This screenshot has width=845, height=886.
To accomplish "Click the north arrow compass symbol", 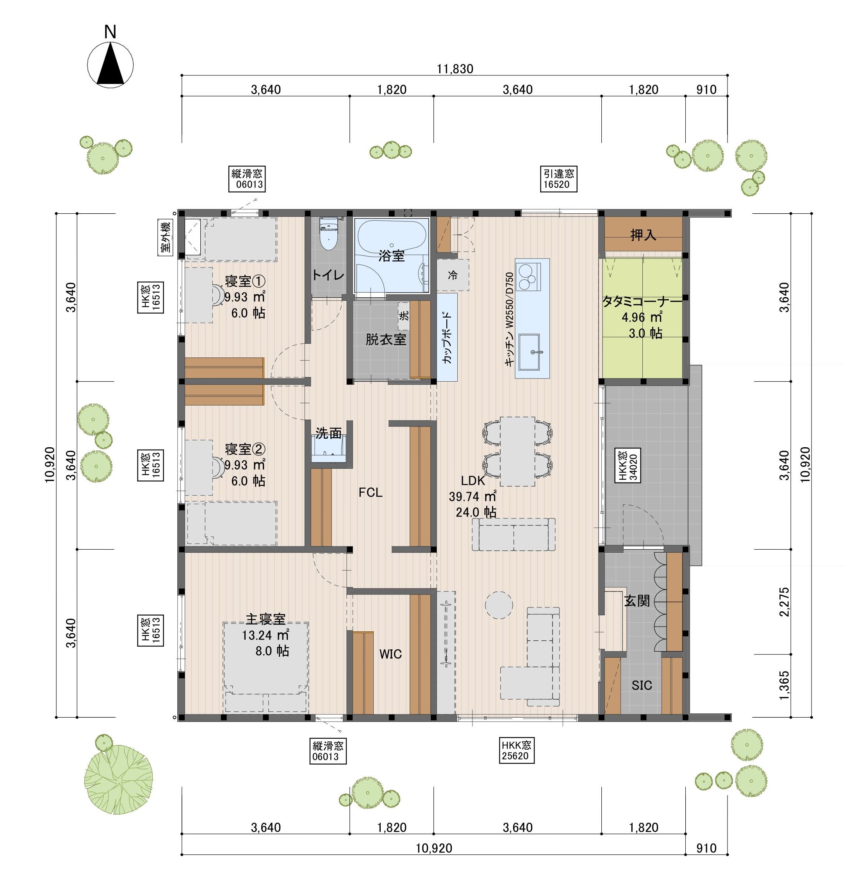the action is [x=111, y=64].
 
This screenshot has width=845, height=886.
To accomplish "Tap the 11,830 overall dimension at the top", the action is [x=455, y=69].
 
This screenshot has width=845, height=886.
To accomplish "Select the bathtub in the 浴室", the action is [x=391, y=238].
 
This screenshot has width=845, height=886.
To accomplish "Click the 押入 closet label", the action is [x=643, y=235].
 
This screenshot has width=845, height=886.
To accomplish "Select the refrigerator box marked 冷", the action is [x=453, y=275].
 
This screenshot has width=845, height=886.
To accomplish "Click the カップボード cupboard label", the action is [x=446, y=338].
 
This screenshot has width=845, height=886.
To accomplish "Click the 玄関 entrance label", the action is [x=637, y=601].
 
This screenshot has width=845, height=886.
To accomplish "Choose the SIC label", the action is [x=642, y=686].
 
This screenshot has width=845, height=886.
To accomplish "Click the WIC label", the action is [x=390, y=654].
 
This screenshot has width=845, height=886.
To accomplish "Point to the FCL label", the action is [x=370, y=493].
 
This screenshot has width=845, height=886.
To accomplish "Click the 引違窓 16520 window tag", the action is [x=558, y=179].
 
